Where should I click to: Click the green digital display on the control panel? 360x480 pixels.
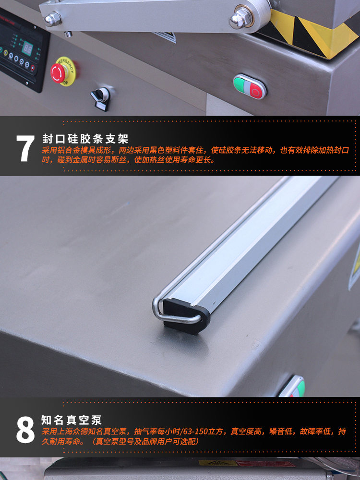[x=27, y=48]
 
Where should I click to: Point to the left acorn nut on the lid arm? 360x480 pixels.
[x=52, y=19]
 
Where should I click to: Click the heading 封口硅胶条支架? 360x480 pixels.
[x=85, y=139]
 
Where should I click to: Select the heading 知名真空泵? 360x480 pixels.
[x=72, y=420]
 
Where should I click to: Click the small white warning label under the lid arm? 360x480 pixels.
[x=166, y=37]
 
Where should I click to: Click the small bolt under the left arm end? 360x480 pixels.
[x=68, y=34]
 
